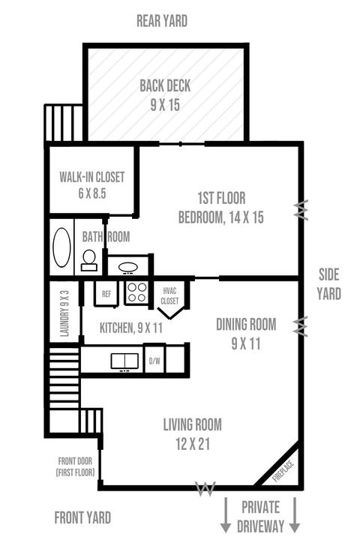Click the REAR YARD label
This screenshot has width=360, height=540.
162,21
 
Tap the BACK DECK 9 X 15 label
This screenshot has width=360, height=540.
165,95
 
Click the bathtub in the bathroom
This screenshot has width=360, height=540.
62,247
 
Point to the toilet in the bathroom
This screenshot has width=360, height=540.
89,260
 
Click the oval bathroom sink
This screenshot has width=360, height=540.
127,267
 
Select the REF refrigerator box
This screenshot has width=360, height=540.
106,294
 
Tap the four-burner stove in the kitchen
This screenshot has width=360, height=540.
136,292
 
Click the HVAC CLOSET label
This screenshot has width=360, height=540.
169,295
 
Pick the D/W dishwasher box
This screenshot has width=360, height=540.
154,360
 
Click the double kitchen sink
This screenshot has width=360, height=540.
124,361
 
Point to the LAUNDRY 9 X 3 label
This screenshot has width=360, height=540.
64,313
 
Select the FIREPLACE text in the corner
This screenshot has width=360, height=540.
283,471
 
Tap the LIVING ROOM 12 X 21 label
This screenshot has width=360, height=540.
193,434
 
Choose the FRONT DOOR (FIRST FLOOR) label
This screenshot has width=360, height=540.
75,466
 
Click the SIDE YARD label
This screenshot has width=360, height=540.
329,284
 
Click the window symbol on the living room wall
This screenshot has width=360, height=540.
205,488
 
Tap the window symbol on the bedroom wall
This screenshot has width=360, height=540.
301,210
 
